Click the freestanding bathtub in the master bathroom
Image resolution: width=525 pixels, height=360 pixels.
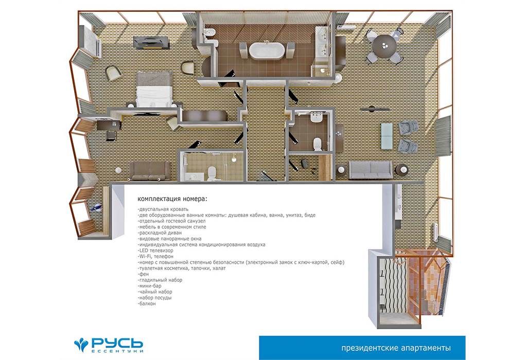click(267, 51)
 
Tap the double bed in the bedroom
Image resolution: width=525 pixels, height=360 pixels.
click(154, 89)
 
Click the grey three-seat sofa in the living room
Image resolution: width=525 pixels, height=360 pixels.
click(370, 170)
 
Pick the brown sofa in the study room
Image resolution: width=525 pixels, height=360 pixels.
click(150, 171)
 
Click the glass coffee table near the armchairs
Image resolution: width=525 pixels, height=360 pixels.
click(387, 136)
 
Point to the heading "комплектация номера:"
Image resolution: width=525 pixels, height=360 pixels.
click(172, 199)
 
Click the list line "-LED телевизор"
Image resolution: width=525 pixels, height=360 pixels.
click(155, 250)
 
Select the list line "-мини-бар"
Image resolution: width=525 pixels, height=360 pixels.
click(149, 286)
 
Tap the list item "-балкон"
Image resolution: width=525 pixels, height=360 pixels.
click(147, 303)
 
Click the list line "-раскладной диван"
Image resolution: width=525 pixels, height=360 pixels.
click(160, 233)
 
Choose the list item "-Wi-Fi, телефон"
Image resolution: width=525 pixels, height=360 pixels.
click(155, 256)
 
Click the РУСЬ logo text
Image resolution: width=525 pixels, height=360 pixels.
click(117, 343)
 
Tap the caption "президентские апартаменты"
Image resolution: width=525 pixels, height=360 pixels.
click(396, 348)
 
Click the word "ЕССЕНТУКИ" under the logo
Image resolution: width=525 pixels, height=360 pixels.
click(117, 351)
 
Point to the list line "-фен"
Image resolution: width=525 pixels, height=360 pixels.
click(143, 274)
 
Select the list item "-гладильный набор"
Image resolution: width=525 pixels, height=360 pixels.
click(160, 280)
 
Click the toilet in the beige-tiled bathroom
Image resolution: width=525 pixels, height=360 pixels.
click(213, 173)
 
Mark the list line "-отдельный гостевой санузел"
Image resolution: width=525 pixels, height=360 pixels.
click(171, 221)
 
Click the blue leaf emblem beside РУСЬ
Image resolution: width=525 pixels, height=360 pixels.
click(81, 345)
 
